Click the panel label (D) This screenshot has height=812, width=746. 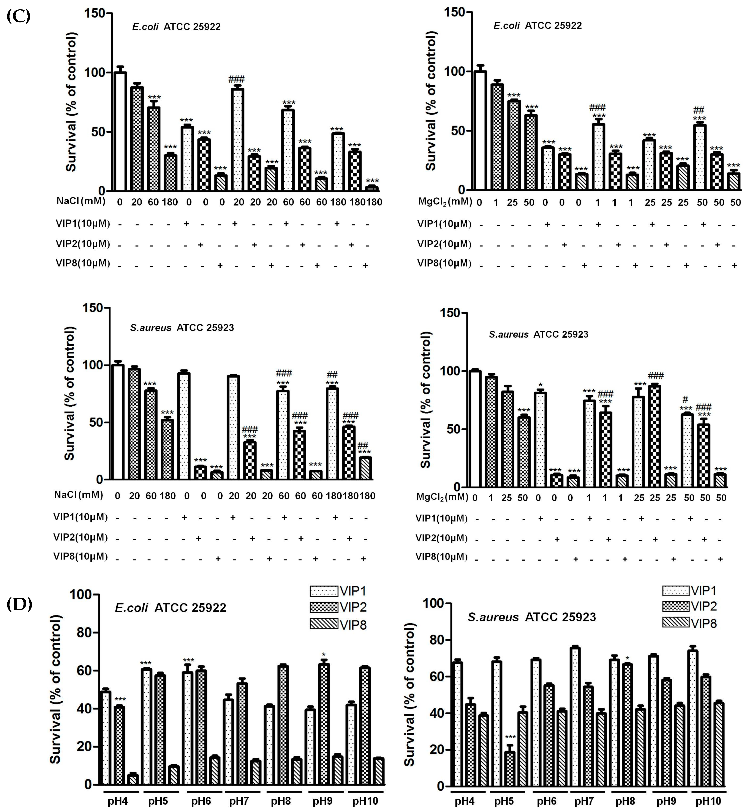19,605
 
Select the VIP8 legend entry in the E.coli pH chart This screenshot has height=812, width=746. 338,625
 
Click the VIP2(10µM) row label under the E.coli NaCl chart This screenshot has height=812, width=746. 83,243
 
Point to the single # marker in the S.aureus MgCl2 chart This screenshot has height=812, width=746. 685,400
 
